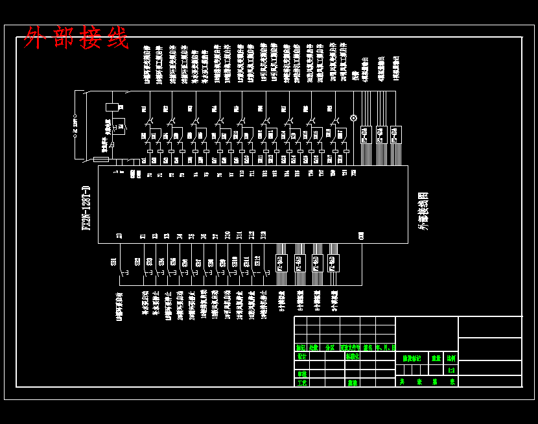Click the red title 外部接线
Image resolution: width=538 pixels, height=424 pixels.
coord(76,38)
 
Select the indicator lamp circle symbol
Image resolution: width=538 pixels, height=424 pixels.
coord(353,118)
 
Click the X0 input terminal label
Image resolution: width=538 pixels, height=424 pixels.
coord(119,236)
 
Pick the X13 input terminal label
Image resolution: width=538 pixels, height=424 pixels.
coord(263,236)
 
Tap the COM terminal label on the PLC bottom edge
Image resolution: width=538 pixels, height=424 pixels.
coord(361,236)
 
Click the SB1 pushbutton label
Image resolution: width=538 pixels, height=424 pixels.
coord(114,262)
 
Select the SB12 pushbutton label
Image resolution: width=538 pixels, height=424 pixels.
coord(257,262)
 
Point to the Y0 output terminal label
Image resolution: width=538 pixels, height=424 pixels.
coord(149,174)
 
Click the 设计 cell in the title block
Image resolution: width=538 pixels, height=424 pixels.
coord(301,357)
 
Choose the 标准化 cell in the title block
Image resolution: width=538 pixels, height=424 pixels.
coord(352,357)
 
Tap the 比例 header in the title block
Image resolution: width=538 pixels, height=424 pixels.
coord(450,358)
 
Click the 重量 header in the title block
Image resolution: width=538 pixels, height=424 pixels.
coord(436,358)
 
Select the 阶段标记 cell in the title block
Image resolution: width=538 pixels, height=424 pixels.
coord(412,358)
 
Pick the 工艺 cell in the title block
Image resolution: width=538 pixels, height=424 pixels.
coord(301,383)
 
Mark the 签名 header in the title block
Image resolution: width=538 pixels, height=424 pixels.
coord(368,347)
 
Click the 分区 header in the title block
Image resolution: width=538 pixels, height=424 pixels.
coord(330,347)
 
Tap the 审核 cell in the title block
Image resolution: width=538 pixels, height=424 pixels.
coord(301,373)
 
